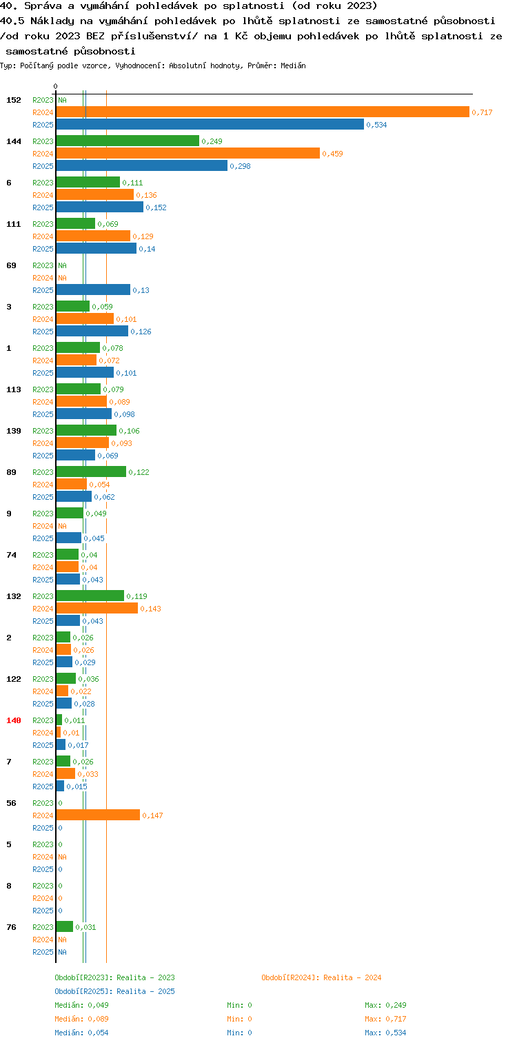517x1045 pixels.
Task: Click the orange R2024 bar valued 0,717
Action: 263,112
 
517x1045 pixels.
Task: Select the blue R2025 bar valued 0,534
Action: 210,125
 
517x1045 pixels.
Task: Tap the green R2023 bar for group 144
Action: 128,141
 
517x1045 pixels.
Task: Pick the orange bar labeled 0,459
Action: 188,154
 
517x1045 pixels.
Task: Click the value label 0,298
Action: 240,166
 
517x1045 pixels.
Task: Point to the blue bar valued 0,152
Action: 100,207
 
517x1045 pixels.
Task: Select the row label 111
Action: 14,224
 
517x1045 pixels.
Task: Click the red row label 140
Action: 14,720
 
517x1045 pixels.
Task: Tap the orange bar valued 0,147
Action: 98,815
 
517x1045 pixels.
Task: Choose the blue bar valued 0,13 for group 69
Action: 93,290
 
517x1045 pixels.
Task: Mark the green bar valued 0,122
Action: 92,471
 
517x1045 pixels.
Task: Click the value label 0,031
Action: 85,927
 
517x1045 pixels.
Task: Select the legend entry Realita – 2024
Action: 321,977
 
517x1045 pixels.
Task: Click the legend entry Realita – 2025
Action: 115,991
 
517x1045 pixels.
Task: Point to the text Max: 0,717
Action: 385,1018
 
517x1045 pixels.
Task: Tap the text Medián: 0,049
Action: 81,1005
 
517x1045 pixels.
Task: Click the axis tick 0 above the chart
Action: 56,86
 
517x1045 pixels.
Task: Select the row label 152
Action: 14,100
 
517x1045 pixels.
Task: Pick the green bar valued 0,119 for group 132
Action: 90,596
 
